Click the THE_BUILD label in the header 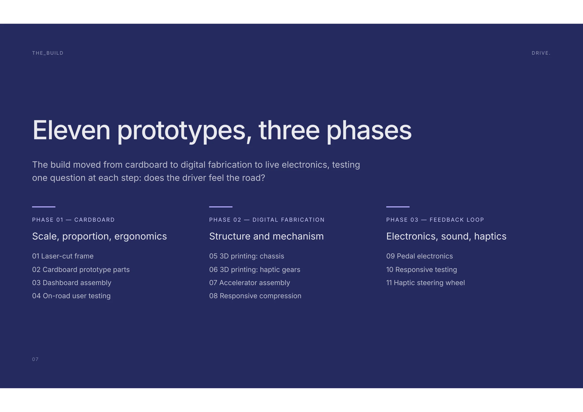tap(48, 53)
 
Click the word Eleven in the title tap(71, 130)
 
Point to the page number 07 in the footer tap(35, 359)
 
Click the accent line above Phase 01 tap(44, 207)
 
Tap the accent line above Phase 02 tap(221, 207)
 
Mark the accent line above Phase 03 tap(398, 207)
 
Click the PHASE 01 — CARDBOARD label tap(73, 220)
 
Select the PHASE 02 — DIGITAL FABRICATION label tap(267, 220)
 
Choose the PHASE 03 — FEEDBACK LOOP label tap(435, 220)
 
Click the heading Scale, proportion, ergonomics tap(100, 237)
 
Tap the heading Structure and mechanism tap(266, 236)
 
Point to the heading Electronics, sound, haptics tap(446, 237)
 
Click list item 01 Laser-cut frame tap(63, 256)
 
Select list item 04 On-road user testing tap(71, 296)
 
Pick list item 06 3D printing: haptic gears tap(255, 270)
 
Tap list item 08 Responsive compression tap(255, 296)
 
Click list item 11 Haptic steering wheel tap(426, 283)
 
